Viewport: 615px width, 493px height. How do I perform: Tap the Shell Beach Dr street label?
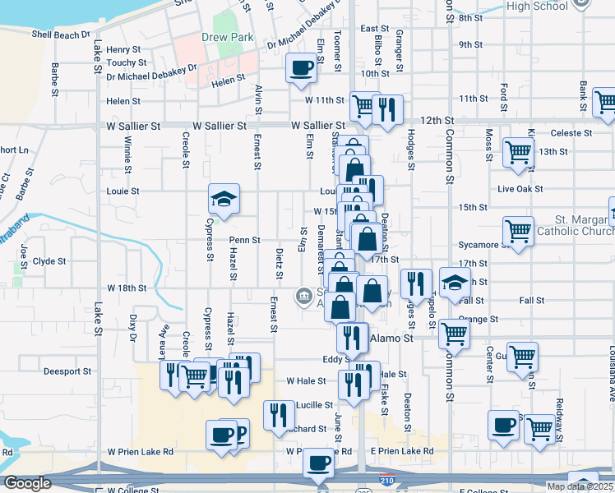[60, 35]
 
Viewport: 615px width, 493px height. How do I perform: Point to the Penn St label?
[245, 241]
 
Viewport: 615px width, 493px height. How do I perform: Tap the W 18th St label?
[127, 288]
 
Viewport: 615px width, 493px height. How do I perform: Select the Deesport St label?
[68, 371]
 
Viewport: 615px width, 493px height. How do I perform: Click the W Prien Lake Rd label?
[140, 452]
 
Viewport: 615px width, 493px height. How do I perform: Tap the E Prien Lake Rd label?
[401, 452]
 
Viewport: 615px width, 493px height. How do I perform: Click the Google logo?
[27, 483]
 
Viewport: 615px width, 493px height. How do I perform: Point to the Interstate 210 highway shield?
[386, 477]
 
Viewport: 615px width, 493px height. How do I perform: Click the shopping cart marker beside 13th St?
[518, 154]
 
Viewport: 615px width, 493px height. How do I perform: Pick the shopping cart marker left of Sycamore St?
[518, 233]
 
